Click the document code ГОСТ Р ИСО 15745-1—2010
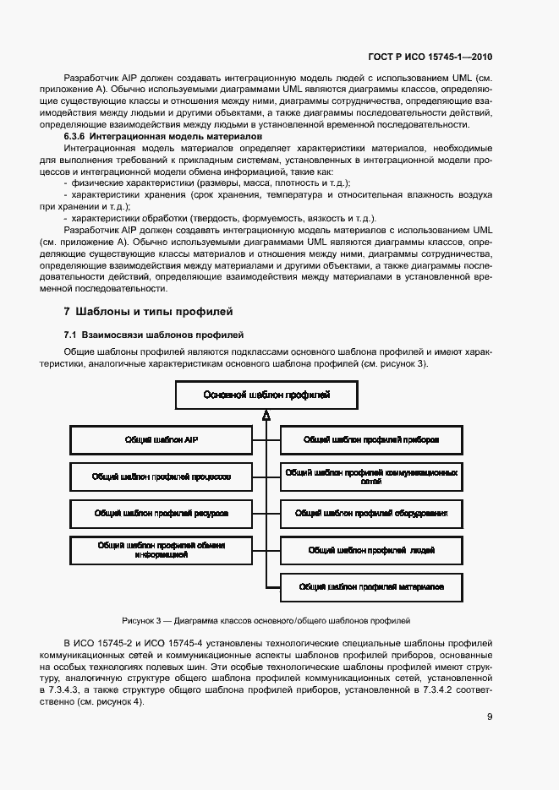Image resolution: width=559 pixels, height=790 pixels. click(430, 57)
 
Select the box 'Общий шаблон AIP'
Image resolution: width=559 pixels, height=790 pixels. click(161, 440)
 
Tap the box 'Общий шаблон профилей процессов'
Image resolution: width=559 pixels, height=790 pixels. click(161, 477)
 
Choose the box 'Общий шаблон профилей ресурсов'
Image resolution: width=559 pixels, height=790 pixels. click(161, 513)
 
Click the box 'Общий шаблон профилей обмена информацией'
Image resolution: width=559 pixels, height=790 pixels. click(161, 550)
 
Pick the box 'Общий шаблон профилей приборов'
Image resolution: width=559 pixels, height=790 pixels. click(371, 440)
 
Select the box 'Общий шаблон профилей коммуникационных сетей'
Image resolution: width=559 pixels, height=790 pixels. click(371, 477)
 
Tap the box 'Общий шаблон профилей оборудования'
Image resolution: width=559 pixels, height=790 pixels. click(371, 513)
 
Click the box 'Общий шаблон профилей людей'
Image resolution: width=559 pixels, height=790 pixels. click(371, 550)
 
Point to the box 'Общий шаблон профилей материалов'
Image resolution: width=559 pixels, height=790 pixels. click(371, 586)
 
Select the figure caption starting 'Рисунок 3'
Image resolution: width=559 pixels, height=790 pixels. click(266, 619)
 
